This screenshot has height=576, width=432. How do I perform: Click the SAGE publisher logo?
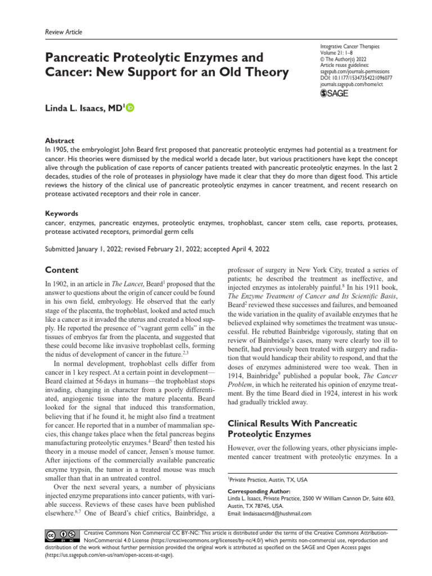(x=334, y=93)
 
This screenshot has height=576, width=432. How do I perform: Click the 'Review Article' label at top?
(x=63, y=32)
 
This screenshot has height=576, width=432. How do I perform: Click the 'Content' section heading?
(x=62, y=270)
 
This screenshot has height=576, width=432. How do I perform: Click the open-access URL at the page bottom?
(x=110, y=555)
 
